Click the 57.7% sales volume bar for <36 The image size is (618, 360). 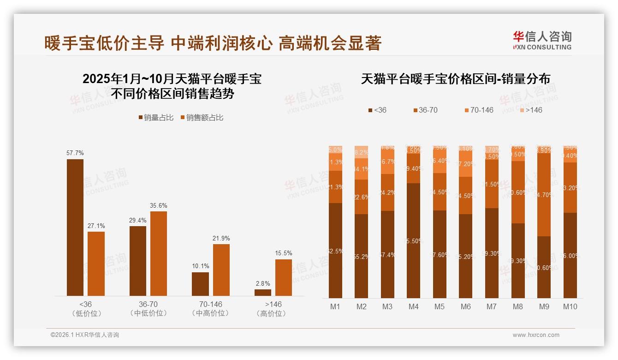[75, 227]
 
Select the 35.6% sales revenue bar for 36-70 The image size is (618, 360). [159, 253]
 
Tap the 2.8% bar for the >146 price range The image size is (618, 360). [263, 292]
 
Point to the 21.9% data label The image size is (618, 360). [221, 238]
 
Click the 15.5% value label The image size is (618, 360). [284, 253]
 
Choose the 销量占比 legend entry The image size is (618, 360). [156, 118]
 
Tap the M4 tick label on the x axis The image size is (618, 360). [413, 306]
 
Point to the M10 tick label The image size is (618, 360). [570, 306]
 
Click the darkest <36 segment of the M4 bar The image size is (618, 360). [413, 240]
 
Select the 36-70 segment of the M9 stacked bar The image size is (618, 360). [544, 194]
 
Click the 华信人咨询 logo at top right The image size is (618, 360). [542, 40]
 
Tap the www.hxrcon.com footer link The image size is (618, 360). [536, 335]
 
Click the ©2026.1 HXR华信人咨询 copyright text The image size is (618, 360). [85, 335]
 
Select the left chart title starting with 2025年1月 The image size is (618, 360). [172, 86]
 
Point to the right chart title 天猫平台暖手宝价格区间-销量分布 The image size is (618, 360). [455, 79]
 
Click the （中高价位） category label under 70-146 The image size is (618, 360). [210, 313]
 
